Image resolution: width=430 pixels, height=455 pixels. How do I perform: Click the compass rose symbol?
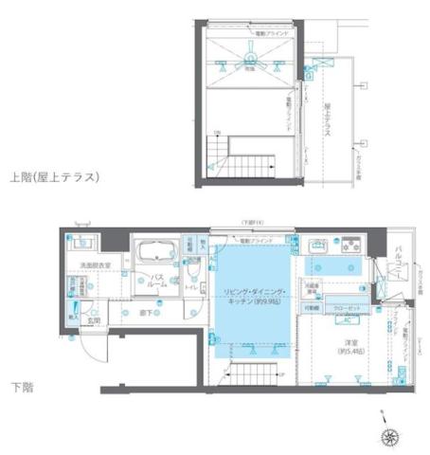click(388, 436)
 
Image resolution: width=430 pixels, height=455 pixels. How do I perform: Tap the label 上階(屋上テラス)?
click(54, 176)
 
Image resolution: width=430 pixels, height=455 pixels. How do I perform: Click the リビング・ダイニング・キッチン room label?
click(252, 294)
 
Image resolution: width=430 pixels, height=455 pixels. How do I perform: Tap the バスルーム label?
click(159, 281)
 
